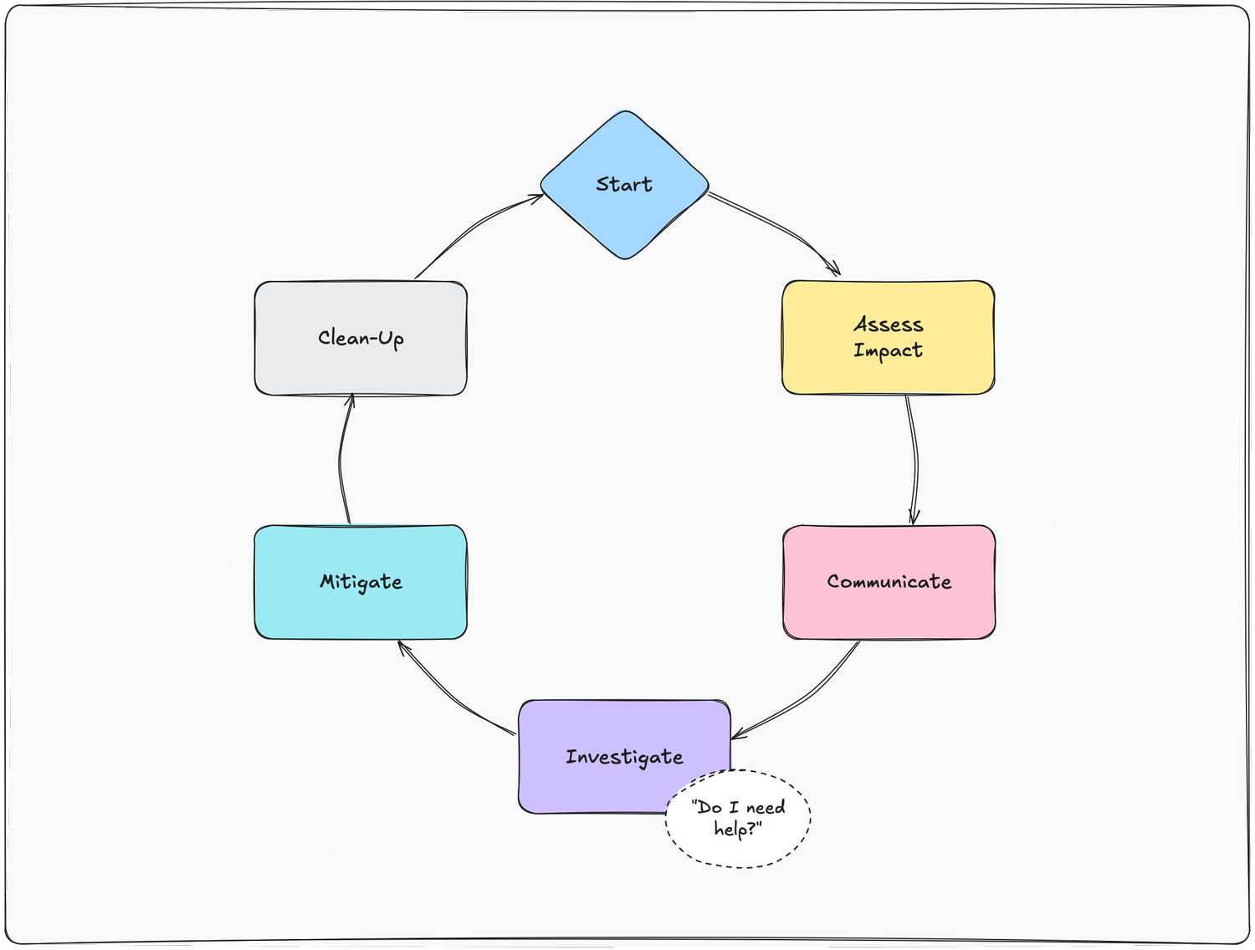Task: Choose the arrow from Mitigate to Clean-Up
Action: [x=341, y=460]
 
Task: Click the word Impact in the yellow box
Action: [x=888, y=350]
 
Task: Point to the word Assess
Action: [x=888, y=324]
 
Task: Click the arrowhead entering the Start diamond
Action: [x=536, y=197]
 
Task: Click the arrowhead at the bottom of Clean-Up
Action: [x=351, y=401]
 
